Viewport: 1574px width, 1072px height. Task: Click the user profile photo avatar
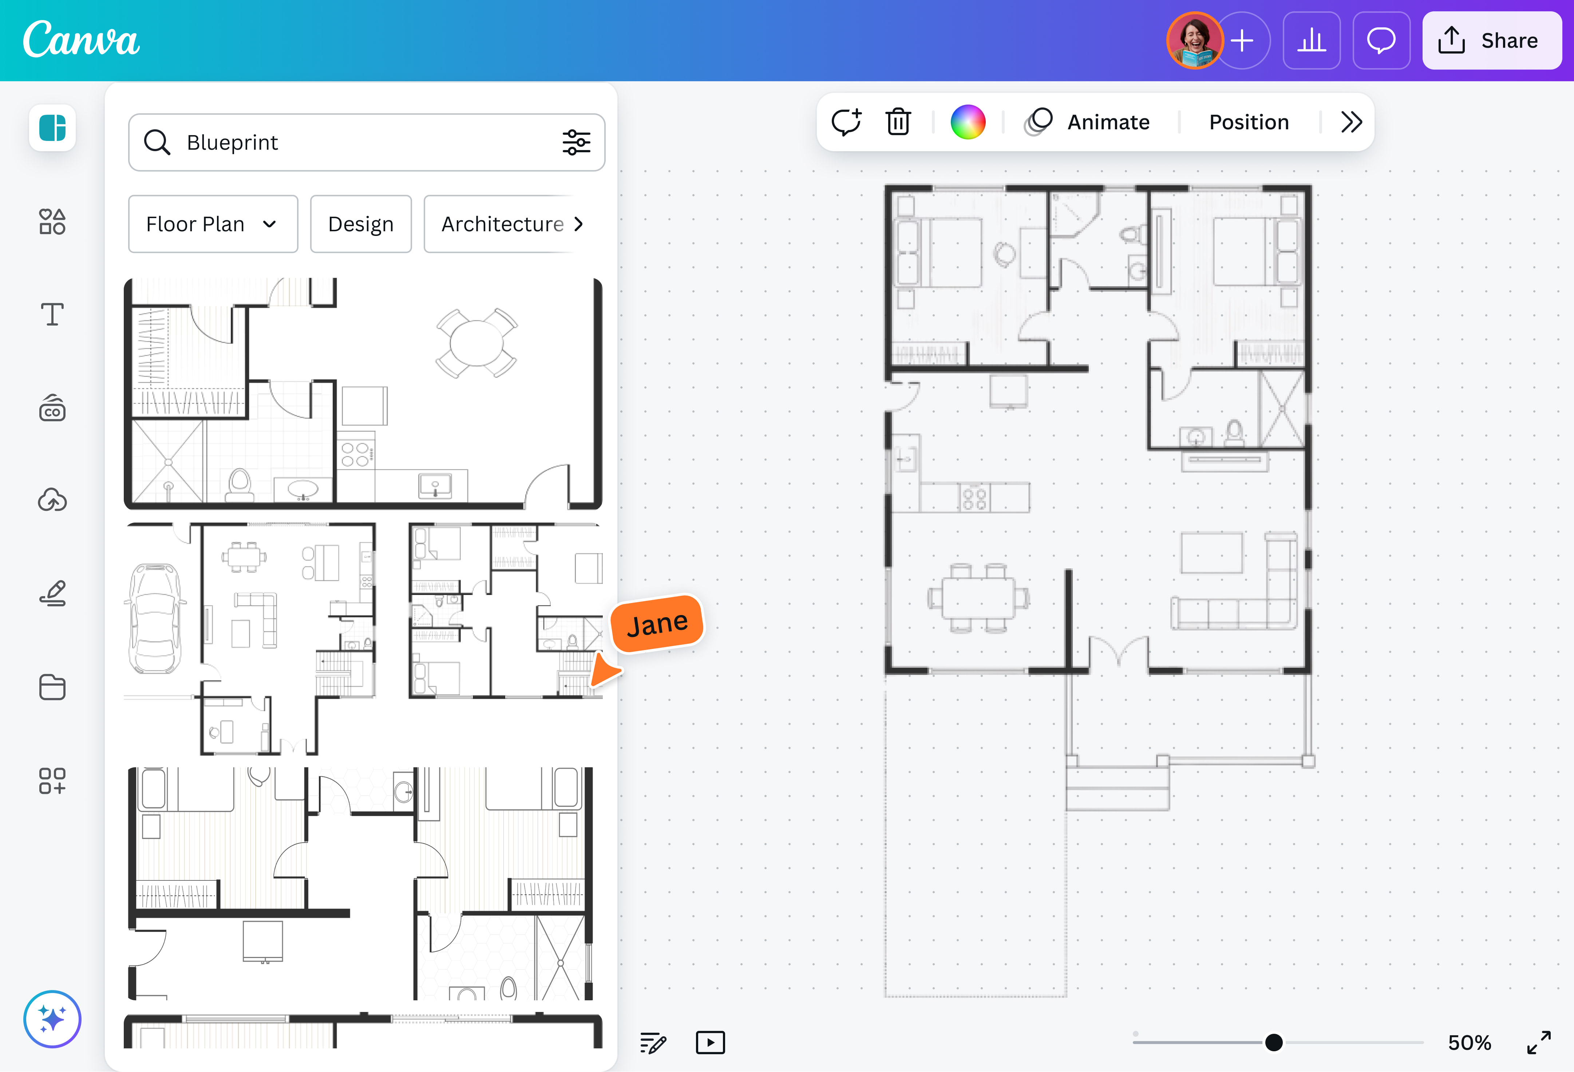pyautogui.click(x=1194, y=41)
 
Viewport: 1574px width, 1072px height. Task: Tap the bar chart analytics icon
pyautogui.click(x=1311, y=41)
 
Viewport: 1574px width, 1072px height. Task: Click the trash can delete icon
pyautogui.click(x=898, y=122)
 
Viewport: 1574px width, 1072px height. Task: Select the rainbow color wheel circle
pyautogui.click(x=968, y=122)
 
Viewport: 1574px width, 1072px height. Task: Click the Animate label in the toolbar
pyautogui.click(x=1108, y=122)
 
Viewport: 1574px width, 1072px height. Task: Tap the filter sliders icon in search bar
pyautogui.click(x=576, y=142)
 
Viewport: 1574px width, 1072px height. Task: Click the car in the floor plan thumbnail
pyautogui.click(x=155, y=618)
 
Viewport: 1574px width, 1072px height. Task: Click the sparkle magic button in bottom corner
pyautogui.click(x=52, y=1018)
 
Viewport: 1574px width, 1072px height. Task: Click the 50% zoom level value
pyautogui.click(x=1469, y=1042)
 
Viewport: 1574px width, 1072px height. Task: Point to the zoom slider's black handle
pyautogui.click(x=1273, y=1042)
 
